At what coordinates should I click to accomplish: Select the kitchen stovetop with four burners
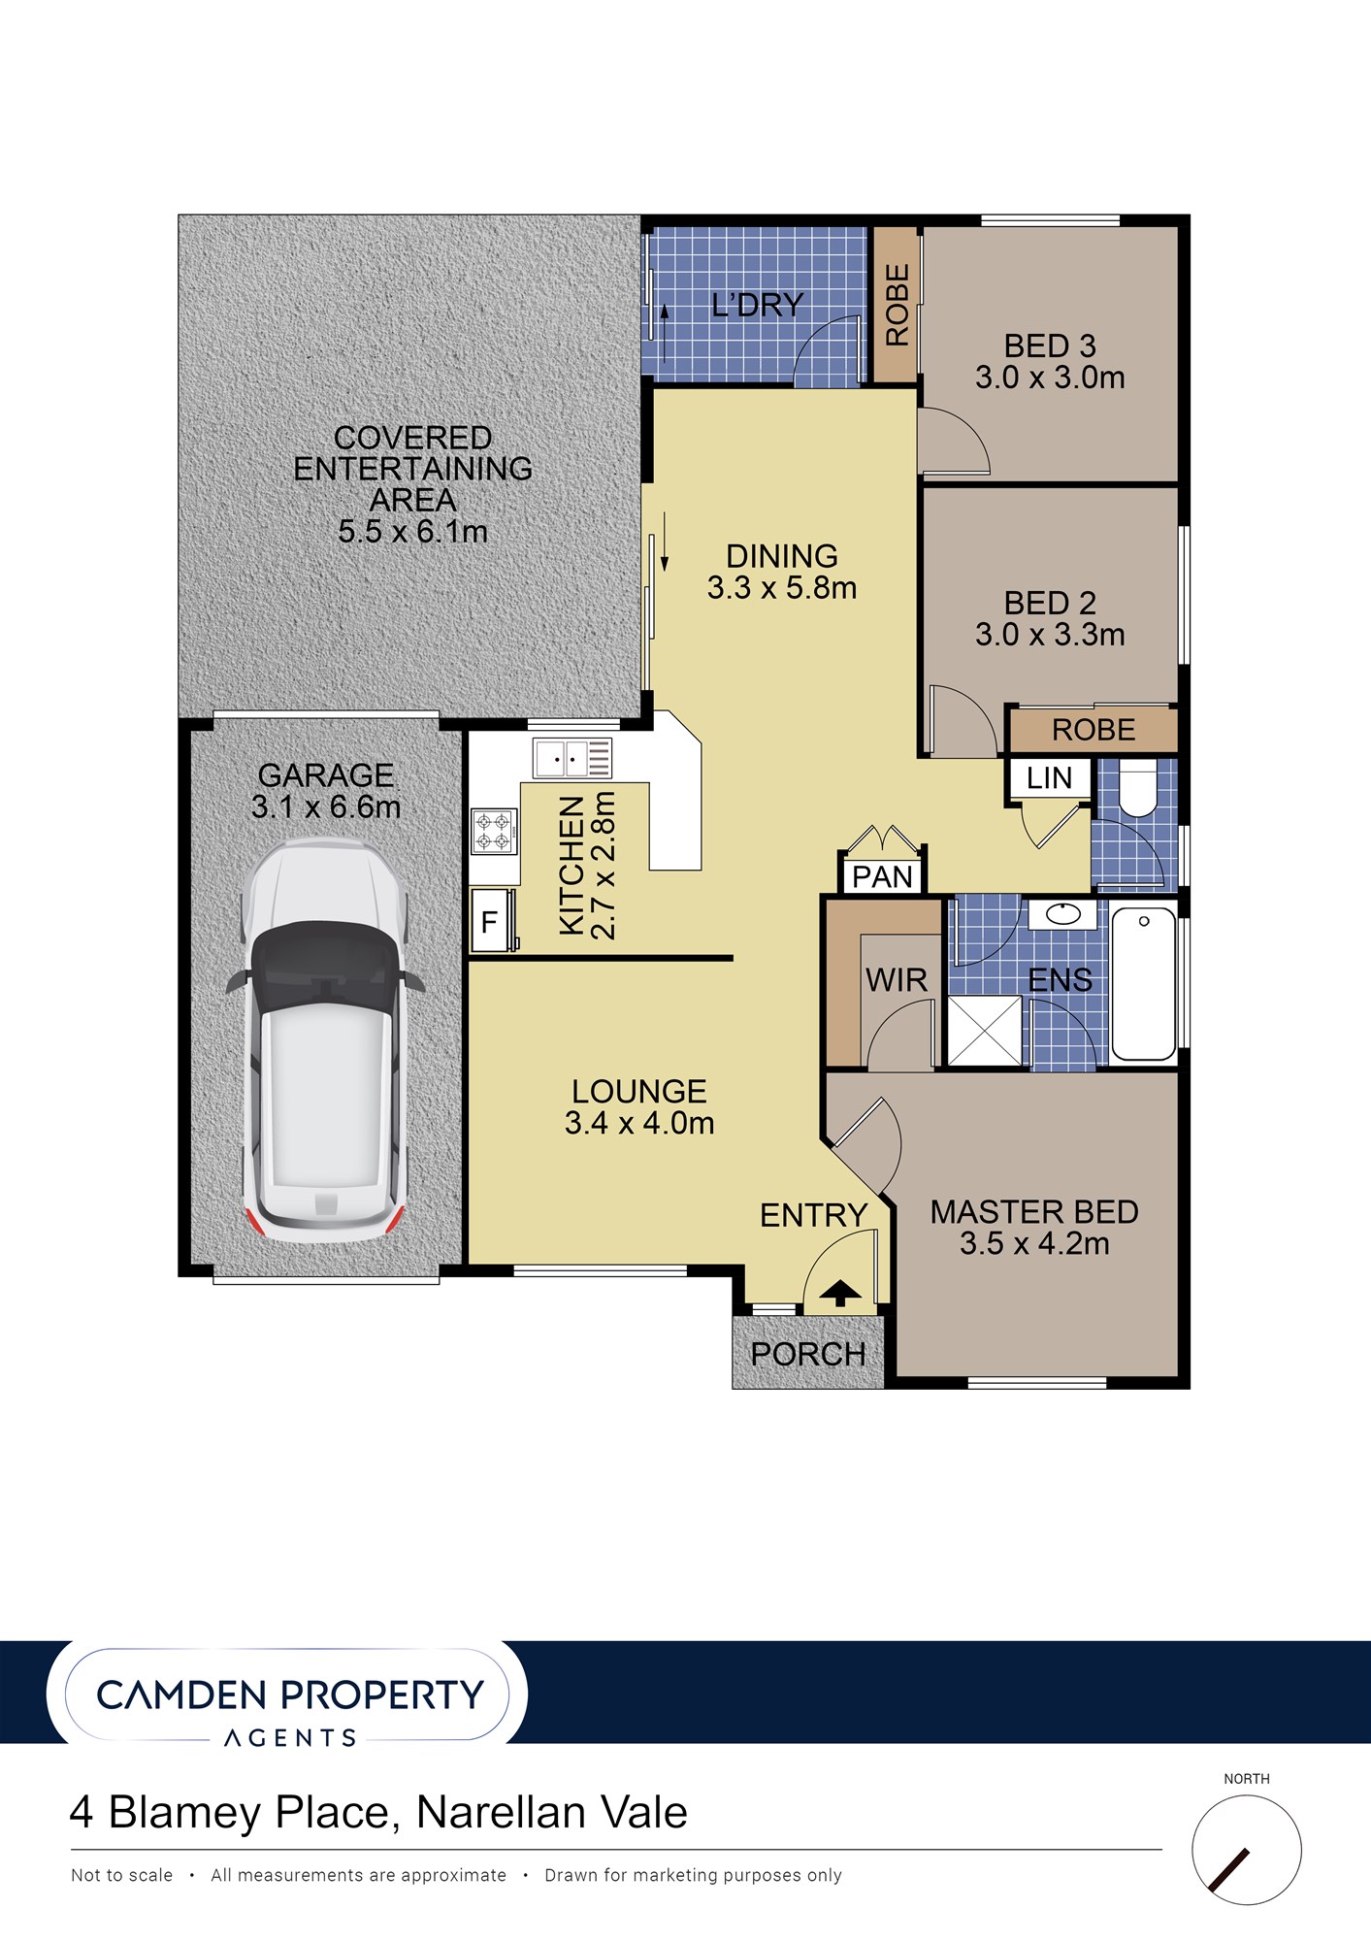[492, 832]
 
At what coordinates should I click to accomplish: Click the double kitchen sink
[572, 758]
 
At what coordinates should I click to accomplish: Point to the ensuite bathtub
[1144, 983]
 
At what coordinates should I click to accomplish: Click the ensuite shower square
[985, 1032]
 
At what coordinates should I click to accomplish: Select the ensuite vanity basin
[1063, 914]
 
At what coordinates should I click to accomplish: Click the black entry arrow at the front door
[840, 1294]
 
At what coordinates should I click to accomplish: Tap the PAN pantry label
[883, 877]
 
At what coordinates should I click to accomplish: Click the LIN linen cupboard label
[1049, 778]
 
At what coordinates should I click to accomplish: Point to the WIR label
[897, 980]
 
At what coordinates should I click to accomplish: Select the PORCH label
[808, 1354]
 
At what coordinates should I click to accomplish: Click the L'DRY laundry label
[758, 306]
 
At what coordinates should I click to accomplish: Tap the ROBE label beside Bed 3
[898, 306]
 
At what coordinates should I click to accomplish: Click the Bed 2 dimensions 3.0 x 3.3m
[1050, 635]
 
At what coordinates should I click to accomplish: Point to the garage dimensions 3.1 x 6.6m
[326, 806]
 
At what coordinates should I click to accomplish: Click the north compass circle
[1247, 1850]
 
